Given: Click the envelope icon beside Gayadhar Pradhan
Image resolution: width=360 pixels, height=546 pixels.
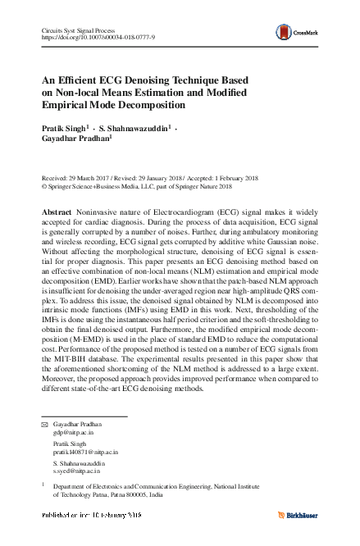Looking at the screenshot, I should click(x=45, y=425).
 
